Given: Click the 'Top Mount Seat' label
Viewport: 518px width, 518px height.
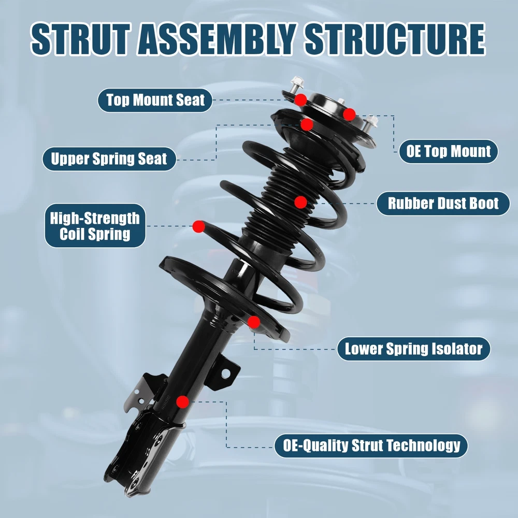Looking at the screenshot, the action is pos(155,100).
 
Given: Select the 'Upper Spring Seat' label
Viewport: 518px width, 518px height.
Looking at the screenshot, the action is pos(109,159).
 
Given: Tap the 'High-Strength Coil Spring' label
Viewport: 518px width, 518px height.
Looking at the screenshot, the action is pos(95,226).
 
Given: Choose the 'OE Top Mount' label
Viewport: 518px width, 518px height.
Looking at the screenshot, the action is pos(448,151).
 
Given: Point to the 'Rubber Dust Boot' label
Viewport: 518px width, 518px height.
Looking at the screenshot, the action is pos(443,204).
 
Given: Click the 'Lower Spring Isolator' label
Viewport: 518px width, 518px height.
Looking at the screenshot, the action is pos(413,349).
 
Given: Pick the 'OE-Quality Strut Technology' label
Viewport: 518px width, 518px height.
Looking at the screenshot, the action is pos(371,445).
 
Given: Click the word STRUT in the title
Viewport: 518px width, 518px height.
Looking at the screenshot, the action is pos(80,39).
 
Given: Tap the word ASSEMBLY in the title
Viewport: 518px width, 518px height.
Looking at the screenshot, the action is pos(216,39).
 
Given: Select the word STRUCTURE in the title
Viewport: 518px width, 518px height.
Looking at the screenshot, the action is pos(395,39).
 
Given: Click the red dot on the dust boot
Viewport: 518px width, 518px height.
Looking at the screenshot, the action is pos(300,202).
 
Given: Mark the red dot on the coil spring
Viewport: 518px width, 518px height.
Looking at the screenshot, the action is pos(198,227).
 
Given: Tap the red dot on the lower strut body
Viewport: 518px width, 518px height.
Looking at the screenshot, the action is pos(182,402).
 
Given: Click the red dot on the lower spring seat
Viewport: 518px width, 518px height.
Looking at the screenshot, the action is pos(254,322).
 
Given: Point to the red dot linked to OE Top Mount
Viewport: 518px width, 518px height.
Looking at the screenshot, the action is pos(349,114).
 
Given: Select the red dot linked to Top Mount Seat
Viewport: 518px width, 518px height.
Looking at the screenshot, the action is pos(300,99).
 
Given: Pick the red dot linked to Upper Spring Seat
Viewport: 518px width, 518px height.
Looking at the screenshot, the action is pos(307,124).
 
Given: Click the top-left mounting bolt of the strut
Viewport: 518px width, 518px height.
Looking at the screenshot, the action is pos(296,84).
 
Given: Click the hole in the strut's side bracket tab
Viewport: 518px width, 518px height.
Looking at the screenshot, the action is pos(226,373).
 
